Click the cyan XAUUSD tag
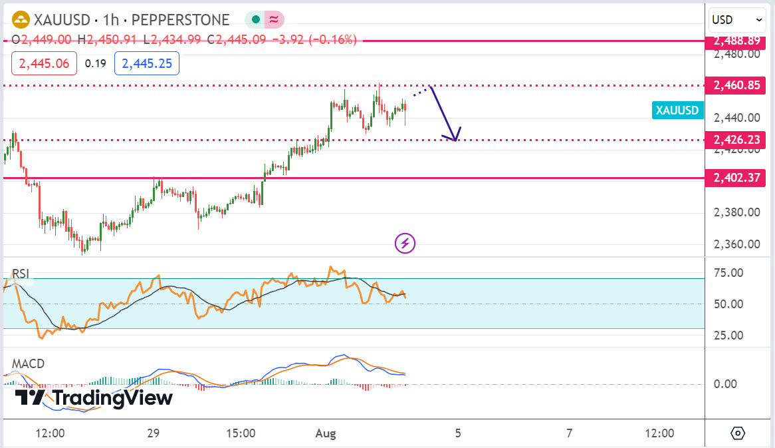pos(677,111)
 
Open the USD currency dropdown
pos(736,20)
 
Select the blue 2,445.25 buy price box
pos(146,64)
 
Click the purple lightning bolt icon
pos(405,244)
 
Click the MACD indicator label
pos(29,364)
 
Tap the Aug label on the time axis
pos(326,433)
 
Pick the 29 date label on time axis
pos(153,433)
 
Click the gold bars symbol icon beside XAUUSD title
pos(22,20)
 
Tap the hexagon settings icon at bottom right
pos(738,433)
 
